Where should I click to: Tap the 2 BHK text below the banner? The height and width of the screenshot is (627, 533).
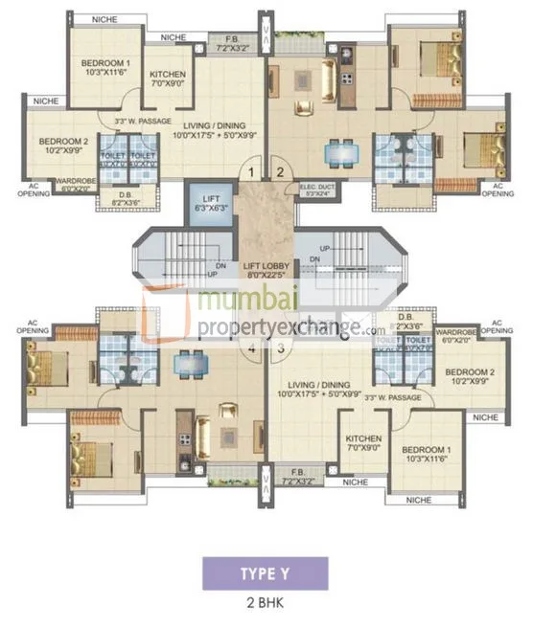[x=266, y=604]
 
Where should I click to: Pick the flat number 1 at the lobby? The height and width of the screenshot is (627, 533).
[x=251, y=173]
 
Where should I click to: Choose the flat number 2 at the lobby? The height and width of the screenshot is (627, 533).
[x=280, y=173]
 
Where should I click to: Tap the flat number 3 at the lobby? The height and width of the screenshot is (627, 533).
[x=280, y=349]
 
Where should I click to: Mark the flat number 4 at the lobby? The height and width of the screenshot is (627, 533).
[x=252, y=349]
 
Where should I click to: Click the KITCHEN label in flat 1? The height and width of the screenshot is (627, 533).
[x=167, y=78]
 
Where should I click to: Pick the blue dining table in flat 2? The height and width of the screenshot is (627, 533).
[x=338, y=151]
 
